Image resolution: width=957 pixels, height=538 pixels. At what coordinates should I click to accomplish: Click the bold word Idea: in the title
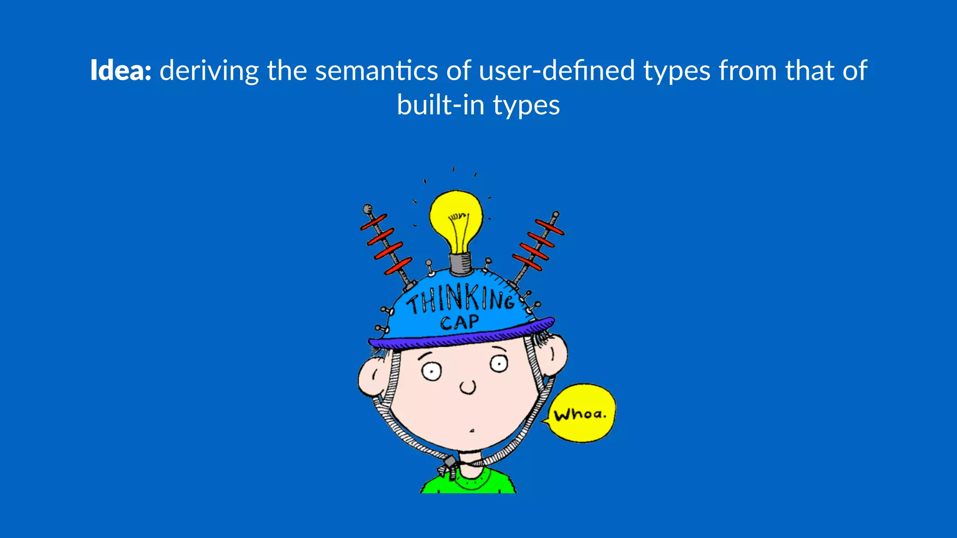click(121, 71)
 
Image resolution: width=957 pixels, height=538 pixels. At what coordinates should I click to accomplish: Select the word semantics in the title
click(377, 71)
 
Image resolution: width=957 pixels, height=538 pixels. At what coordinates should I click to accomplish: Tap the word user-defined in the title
click(557, 71)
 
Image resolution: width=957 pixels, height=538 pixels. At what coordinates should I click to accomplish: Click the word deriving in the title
click(209, 71)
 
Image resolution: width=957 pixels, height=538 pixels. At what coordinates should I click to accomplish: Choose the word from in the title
click(748, 71)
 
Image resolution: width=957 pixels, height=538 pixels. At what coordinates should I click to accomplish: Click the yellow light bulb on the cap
click(456, 219)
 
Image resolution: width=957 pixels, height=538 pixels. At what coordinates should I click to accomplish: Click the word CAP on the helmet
click(459, 322)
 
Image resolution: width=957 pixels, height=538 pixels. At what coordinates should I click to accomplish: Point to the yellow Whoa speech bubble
click(581, 413)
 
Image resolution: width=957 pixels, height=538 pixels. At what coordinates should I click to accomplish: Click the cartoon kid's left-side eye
click(431, 372)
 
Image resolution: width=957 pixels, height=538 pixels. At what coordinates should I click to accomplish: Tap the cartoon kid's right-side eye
click(499, 364)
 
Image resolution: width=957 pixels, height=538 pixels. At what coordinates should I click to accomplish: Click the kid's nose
click(467, 387)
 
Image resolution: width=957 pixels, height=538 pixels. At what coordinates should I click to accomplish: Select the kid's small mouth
click(472, 431)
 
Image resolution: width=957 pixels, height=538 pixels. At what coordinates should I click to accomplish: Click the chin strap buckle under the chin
click(449, 466)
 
